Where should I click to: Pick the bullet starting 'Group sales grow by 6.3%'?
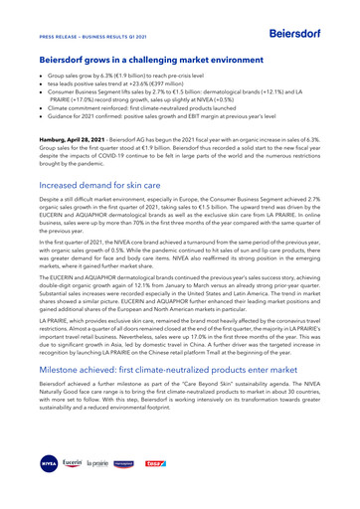120,76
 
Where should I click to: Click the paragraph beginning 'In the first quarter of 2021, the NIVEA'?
179,245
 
